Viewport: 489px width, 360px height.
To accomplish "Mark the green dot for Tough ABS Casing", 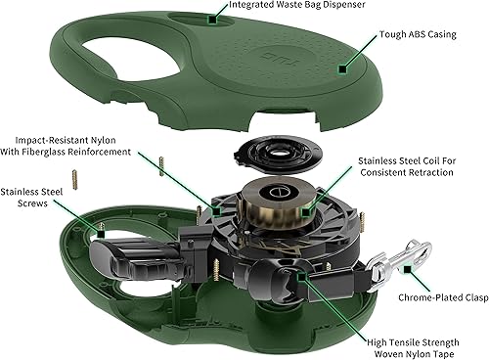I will [x=341, y=69].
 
